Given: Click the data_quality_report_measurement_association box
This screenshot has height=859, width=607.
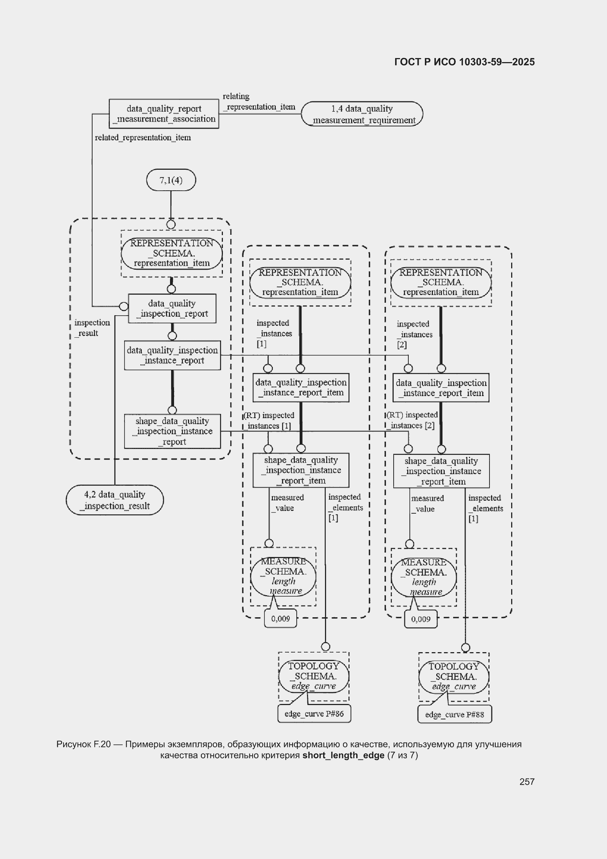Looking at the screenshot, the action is (164, 114).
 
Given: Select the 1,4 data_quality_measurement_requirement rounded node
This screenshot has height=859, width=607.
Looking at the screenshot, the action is (362, 114).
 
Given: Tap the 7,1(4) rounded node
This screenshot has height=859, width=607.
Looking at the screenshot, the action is (171, 180).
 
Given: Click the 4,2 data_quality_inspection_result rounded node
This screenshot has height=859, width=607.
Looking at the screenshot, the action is (115, 500).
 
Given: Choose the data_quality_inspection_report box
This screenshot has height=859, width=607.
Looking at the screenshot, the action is (172, 308).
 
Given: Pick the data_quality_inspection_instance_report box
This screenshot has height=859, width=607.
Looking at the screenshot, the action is (173, 355).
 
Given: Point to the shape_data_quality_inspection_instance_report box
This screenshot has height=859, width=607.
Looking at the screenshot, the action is (173, 431).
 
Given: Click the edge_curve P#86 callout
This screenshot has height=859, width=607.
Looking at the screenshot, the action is (314, 714).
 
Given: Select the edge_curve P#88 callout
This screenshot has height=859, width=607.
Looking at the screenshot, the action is (455, 715).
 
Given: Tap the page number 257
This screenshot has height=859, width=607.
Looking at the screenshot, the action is (527, 781).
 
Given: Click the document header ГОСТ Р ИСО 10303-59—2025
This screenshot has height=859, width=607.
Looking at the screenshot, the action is (465, 62).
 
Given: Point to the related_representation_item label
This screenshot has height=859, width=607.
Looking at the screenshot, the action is (143, 138).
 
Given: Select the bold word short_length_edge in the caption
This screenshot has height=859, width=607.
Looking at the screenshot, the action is (343, 755).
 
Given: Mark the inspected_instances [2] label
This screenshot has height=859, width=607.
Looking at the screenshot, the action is (414, 334).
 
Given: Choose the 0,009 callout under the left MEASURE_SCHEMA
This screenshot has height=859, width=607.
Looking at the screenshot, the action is (281, 618).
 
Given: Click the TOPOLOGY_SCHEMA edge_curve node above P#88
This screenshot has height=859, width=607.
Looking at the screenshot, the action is (454, 677).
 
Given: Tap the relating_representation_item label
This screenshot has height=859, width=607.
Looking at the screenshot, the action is (259, 101).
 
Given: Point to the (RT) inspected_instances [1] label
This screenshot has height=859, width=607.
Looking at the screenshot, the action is (268, 421).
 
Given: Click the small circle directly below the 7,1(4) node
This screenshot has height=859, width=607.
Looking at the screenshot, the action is (171, 224).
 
